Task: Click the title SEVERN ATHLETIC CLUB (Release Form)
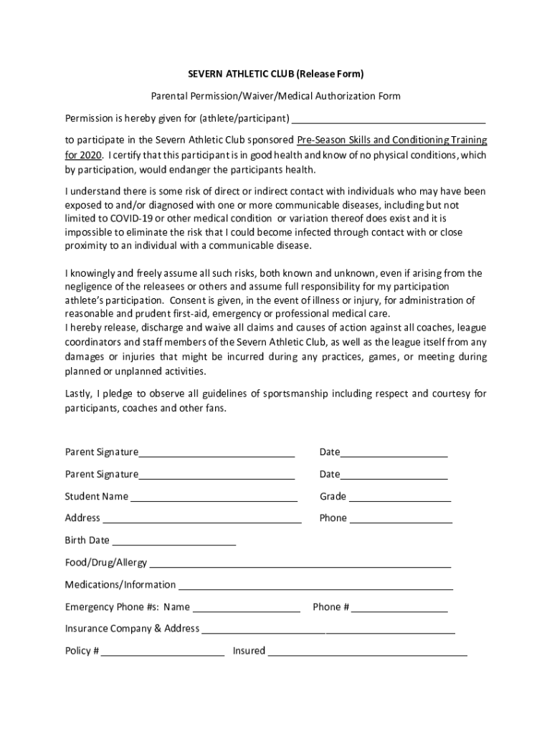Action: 275,74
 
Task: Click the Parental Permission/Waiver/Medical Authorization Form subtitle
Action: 275,96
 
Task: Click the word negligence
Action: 92,287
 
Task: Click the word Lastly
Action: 78,394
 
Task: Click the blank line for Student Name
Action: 214,497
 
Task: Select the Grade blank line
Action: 399,497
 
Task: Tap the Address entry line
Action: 201,519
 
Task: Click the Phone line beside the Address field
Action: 400,519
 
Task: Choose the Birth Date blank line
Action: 173,541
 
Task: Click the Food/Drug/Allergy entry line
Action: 300,563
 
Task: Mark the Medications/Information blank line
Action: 315,586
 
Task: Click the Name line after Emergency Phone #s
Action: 246,608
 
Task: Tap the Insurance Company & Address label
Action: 132,629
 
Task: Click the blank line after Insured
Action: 367,652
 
